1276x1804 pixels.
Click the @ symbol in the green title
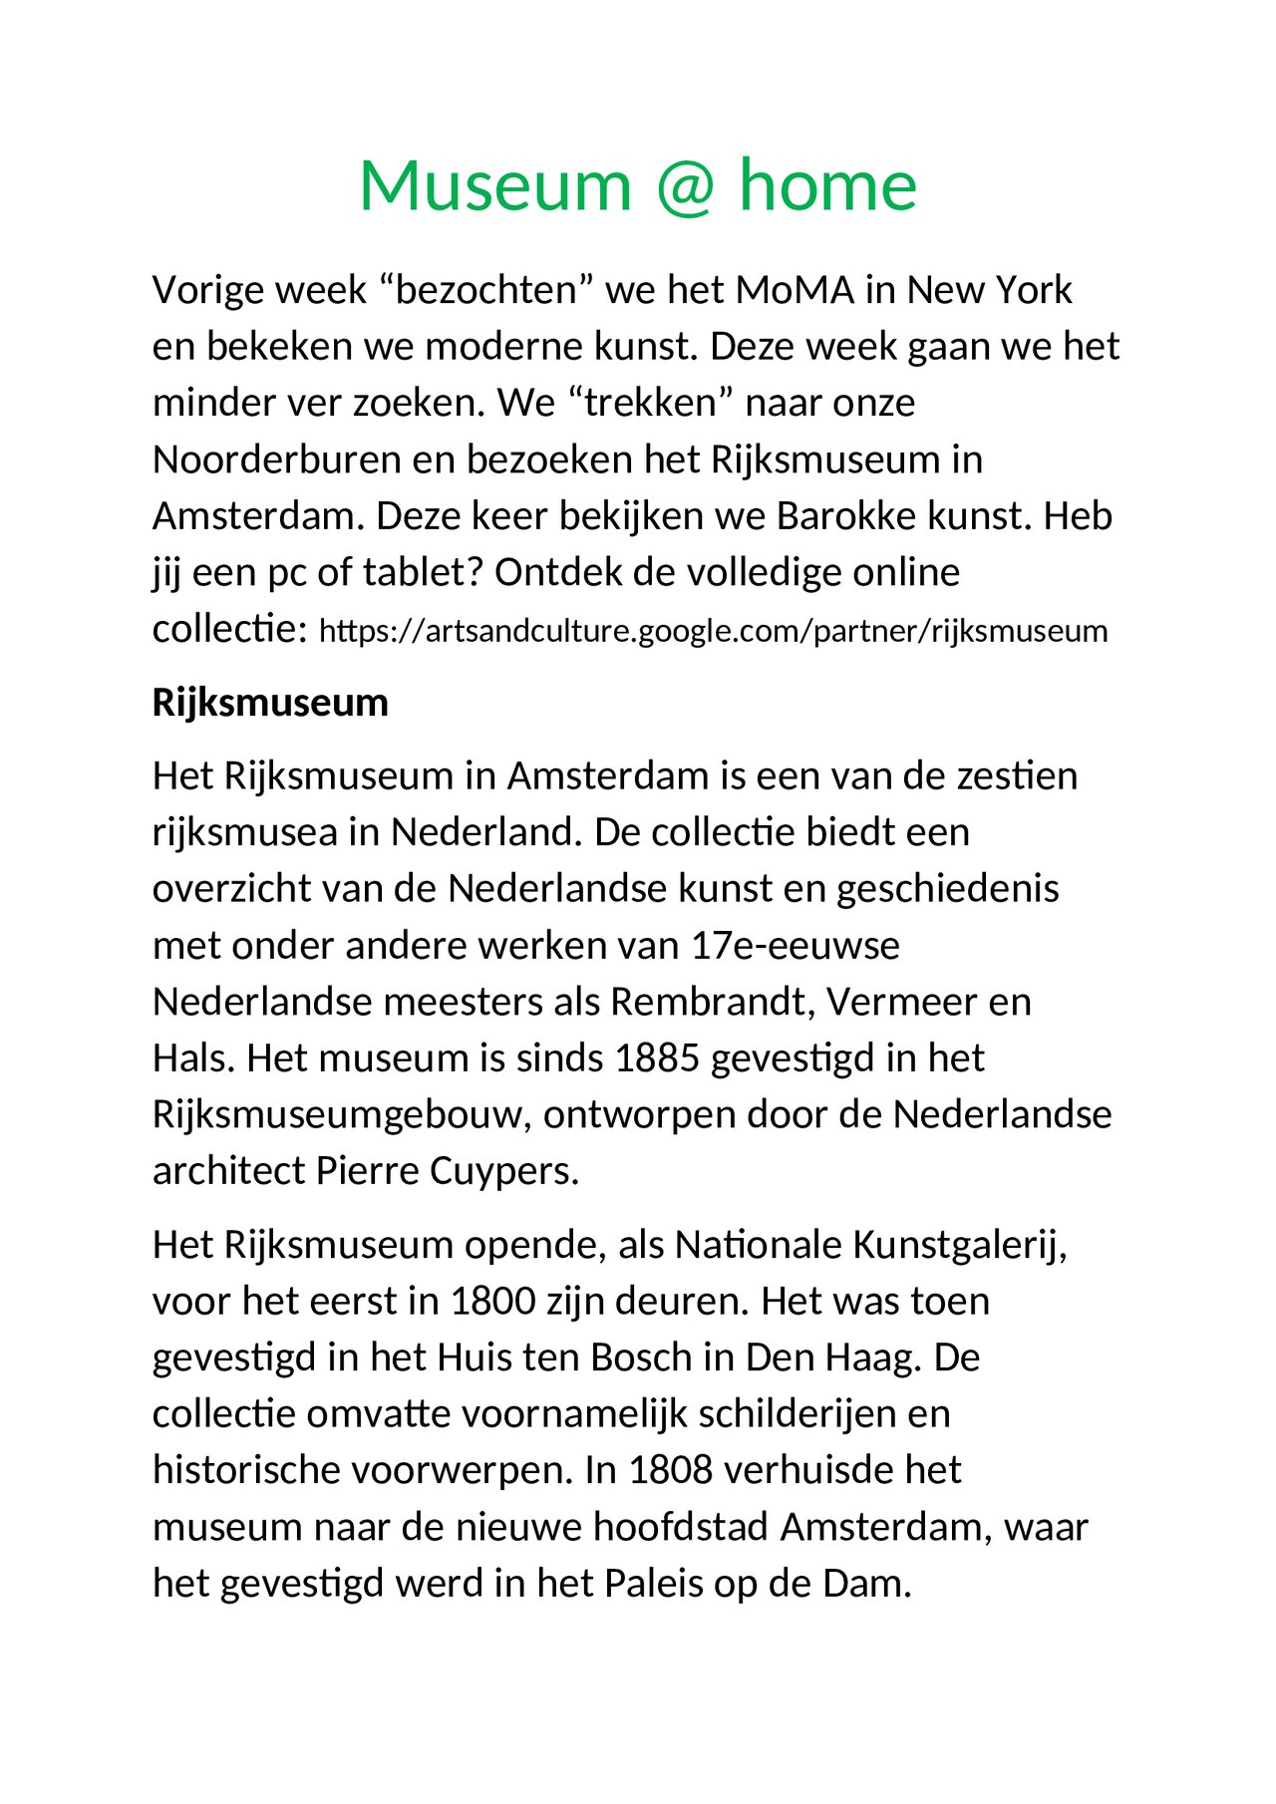(686, 186)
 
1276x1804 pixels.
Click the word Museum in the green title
(495, 186)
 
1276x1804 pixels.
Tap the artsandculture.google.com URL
(713, 631)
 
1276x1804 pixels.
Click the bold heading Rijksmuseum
(270, 703)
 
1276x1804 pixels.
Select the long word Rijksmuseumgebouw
(338, 1114)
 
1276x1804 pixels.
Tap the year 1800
(493, 1302)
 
